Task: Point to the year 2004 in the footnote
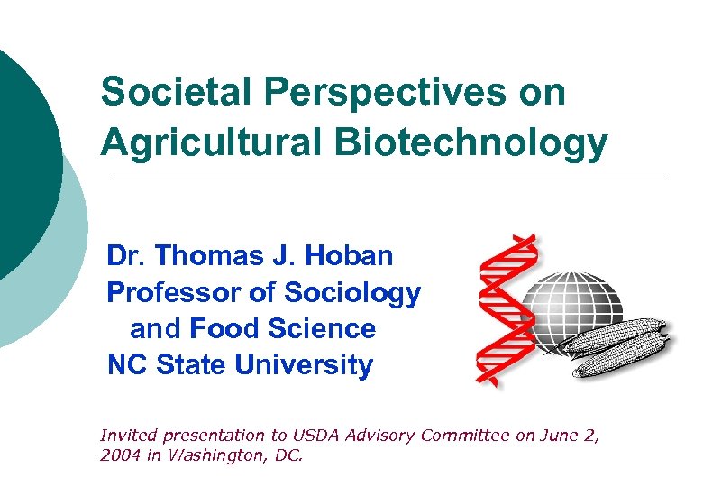118,455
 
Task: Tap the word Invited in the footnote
125,436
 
